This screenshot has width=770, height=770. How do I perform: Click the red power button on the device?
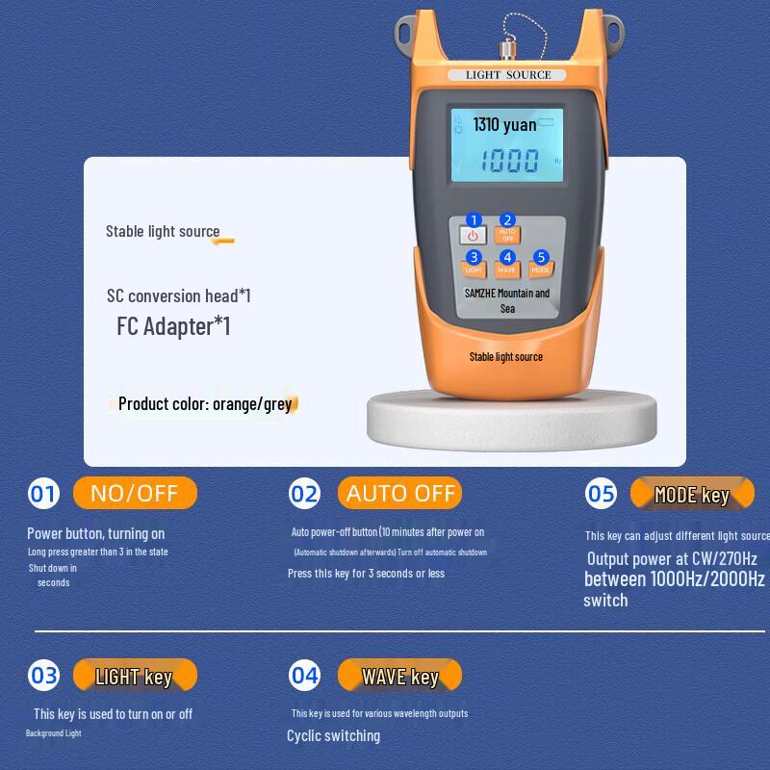click(x=473, y=236)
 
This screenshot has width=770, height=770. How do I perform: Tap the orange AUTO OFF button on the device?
click(x=507, y=236)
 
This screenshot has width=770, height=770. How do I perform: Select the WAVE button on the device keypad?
click(x=506, y=270)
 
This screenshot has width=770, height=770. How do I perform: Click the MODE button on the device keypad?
click(x=540, y=270)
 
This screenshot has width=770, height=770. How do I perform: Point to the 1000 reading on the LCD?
click(x=510, y=161)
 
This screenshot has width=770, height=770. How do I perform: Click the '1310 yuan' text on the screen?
click(x=504, y=124)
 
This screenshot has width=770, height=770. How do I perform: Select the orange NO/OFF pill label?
click(x=135, y=494)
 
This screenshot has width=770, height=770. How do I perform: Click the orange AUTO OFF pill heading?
click(x=400, y=494)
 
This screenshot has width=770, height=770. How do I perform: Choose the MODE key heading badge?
click(x=692, y=495)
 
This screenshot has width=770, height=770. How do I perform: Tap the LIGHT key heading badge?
click(x=134, y=677)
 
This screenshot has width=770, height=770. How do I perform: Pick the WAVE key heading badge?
click(x=400, y=677)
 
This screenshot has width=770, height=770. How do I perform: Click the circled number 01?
click(x=43, y=494)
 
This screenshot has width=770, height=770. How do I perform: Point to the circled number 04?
click(x=304, y=676)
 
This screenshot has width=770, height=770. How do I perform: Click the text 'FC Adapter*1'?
click(x=173, y=326)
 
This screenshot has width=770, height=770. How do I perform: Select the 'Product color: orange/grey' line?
click(x=205, y=404)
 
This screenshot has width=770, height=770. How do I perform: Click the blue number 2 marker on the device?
click(x=507, y=220)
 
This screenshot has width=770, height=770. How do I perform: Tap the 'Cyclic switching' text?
click(x=333, y=735)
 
